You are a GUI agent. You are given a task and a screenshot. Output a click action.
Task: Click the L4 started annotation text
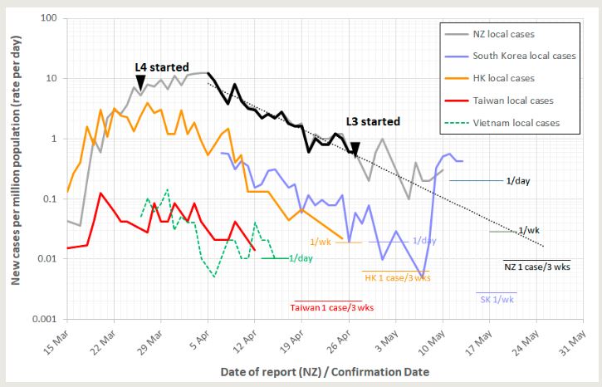point(162,66)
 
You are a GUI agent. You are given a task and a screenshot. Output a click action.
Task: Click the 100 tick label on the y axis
point(47,18)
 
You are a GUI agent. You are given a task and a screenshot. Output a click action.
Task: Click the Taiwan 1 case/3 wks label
point(331,307)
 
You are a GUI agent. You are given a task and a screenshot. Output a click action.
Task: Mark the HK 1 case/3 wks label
point(398,277)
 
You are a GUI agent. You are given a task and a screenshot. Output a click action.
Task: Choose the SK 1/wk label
point(497,299)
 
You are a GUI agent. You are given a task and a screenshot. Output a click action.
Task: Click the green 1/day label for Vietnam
point(301,258)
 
